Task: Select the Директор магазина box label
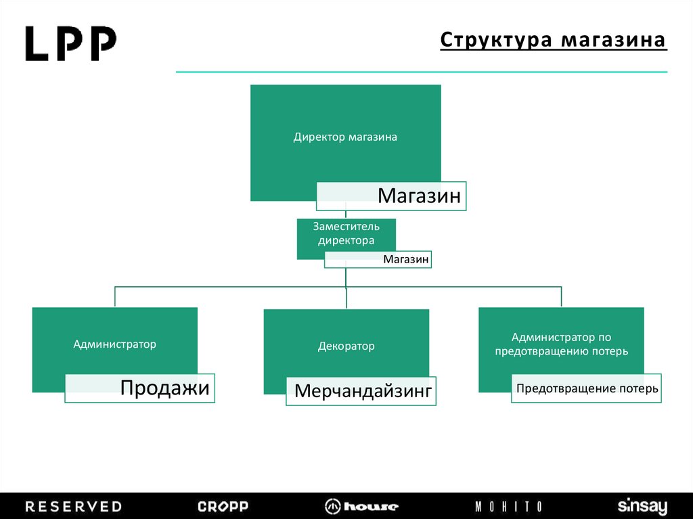(x=345, y=137)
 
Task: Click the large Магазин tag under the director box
(x=419, y=196)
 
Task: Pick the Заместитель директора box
(x=346, y=233)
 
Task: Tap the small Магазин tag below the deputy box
(x=406, y=259)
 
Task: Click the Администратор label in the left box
(x=115, y=344)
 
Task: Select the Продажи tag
(x=165, y=388)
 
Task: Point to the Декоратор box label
(x=346, y=346)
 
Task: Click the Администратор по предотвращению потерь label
(x=561, y=344)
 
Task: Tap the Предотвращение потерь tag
(x=587, y=388)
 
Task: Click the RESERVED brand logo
(x=73, y=506)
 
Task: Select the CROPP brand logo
(x=223, y=506)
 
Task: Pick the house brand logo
(x=361, y=506)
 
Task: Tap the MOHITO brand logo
(x=508, y=506)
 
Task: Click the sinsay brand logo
(x=642, y=507)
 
